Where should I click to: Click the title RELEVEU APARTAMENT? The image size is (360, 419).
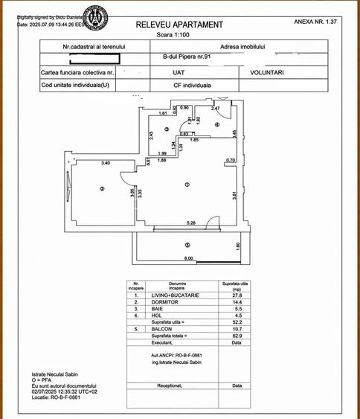[x=179, y=25]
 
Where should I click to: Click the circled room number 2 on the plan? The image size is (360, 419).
[x=101, y=189]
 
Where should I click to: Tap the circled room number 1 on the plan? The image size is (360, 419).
[x=187, y=185]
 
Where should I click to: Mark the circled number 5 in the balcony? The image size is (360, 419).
[x=187, y=245]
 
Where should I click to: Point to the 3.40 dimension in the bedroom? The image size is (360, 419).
[x=106, y=163]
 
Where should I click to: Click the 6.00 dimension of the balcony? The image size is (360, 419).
[x=189, y=258]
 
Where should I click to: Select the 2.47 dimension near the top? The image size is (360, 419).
[x=215, y=109]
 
